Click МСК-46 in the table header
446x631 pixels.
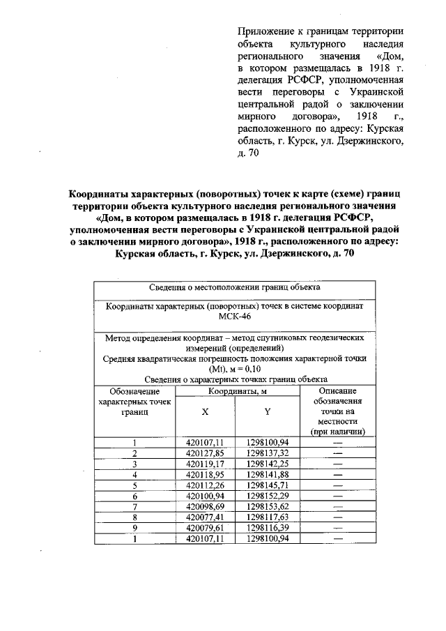pyautogui.click(x=234, y=317)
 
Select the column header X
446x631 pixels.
pyautogui.click(x=205, y=411)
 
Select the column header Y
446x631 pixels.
pyautogui.click(x=268, y=411)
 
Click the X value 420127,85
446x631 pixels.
pyautogui.click(x=205, y=453)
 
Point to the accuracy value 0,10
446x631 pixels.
pyautogui.click(x=252, y=369)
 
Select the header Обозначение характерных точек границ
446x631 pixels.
pyautogui.click(x=134, y=402)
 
